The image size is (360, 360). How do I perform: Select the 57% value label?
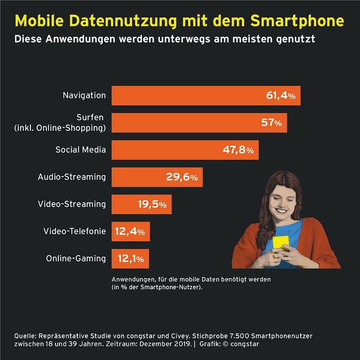(271, 123)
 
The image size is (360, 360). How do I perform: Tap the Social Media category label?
(81, 150)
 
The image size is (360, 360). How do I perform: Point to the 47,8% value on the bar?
(237, 150)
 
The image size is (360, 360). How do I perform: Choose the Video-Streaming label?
(72, 204)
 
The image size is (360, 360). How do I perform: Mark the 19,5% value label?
(152, 205)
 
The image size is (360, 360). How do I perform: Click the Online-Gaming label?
(76, 259)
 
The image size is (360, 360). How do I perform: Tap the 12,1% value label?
(130, 259)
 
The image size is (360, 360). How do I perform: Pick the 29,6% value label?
(181, 178)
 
